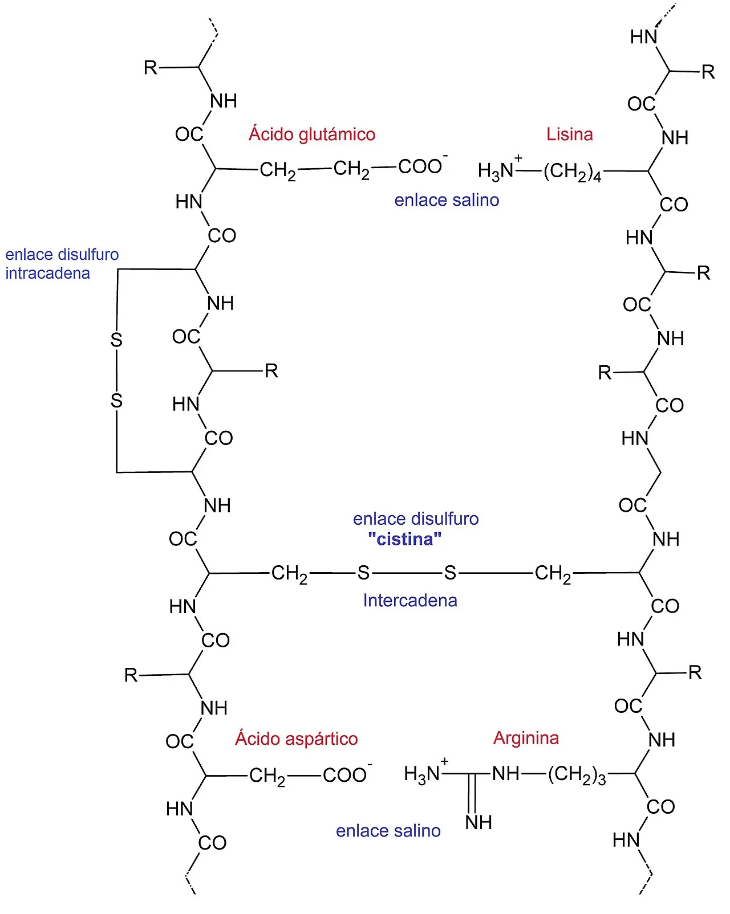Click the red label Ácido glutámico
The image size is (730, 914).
[x=312, y=134]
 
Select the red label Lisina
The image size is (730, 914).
[x=569, y=134]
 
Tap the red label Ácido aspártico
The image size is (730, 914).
[x=297, y=738]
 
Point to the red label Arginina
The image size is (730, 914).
[x=526, y=738]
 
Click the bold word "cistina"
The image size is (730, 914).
[x=405, y=539]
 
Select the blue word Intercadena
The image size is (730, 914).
[x=410, y=600]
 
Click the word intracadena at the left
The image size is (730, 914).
[x=47, y=273]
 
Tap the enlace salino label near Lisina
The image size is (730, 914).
[x=447, y=199]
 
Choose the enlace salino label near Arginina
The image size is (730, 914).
[x=388, y=830]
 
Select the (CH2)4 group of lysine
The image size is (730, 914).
[x=572, y=172]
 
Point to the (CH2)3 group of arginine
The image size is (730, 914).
[x=577, y=775]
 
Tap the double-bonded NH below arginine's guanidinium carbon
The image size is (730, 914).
[x=478, y=823]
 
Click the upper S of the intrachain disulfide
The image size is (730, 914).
[x=116, y=340]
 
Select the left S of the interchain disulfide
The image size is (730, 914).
[x=363, y=573]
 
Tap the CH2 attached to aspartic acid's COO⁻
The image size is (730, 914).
[x=267, y=777]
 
